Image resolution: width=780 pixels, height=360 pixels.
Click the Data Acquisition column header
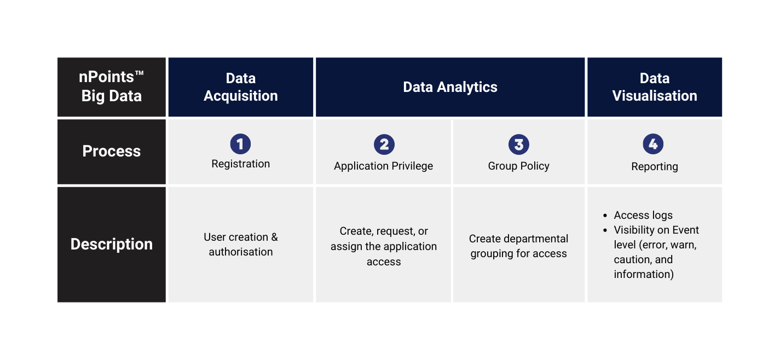point(241,87)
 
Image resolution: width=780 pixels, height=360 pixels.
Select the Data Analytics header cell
point(450,87)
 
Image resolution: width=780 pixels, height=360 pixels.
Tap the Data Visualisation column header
point(655,87)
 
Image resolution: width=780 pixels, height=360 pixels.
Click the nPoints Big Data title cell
point(112,87)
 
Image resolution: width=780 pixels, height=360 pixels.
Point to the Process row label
point(112,152)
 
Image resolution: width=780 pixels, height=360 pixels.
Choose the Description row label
point(112,245)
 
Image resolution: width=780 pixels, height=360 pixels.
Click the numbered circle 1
point(240,144)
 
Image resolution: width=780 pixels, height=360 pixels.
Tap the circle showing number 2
point(384,144)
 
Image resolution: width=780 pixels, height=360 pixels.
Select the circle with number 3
point(519,144)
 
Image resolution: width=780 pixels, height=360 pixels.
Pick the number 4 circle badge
point(653,144)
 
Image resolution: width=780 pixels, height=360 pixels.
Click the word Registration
point(241,164)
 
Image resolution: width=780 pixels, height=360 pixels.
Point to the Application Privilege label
point(383,166)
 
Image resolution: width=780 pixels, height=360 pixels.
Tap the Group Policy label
point(518,166)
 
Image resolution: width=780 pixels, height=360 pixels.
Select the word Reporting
point(655,167)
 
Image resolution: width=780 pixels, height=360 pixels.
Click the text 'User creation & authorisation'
point(241,245)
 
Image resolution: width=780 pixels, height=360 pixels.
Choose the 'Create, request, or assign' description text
point(383,246)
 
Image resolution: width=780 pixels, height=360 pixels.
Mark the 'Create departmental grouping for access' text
point(518,246)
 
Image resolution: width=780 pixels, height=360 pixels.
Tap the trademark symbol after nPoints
point(139,73)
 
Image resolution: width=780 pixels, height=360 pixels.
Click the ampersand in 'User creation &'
point(274,237)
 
